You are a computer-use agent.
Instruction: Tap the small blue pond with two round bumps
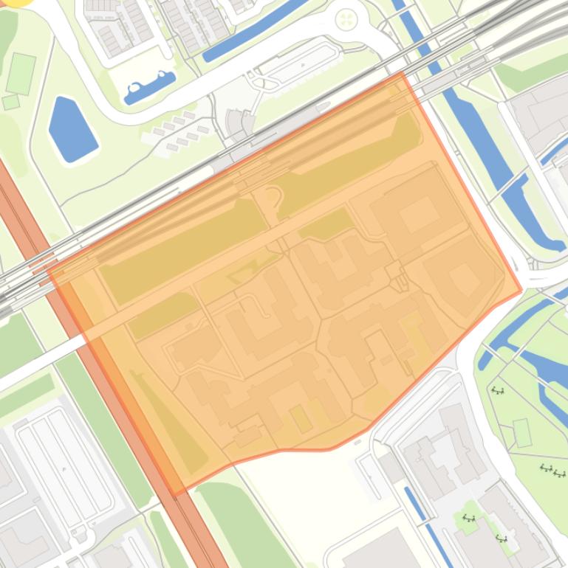[x=150, y=86]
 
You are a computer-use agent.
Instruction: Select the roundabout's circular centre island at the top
[x=346, y=19]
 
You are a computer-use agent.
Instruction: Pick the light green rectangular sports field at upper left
[x=21, y=74]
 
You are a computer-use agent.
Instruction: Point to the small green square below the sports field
[x=10, y=102]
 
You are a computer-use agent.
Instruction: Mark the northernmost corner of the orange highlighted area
[x=401, y=73]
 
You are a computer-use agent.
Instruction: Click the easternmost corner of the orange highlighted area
[x=521, y=291]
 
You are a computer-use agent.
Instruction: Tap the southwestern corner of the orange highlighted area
[x=174, y=493]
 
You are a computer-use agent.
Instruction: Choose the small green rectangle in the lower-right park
[x=522, y=432]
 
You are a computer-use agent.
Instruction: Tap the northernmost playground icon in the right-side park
[x=498, y=390]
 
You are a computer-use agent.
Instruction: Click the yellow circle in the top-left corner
[x=15, y=2]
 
